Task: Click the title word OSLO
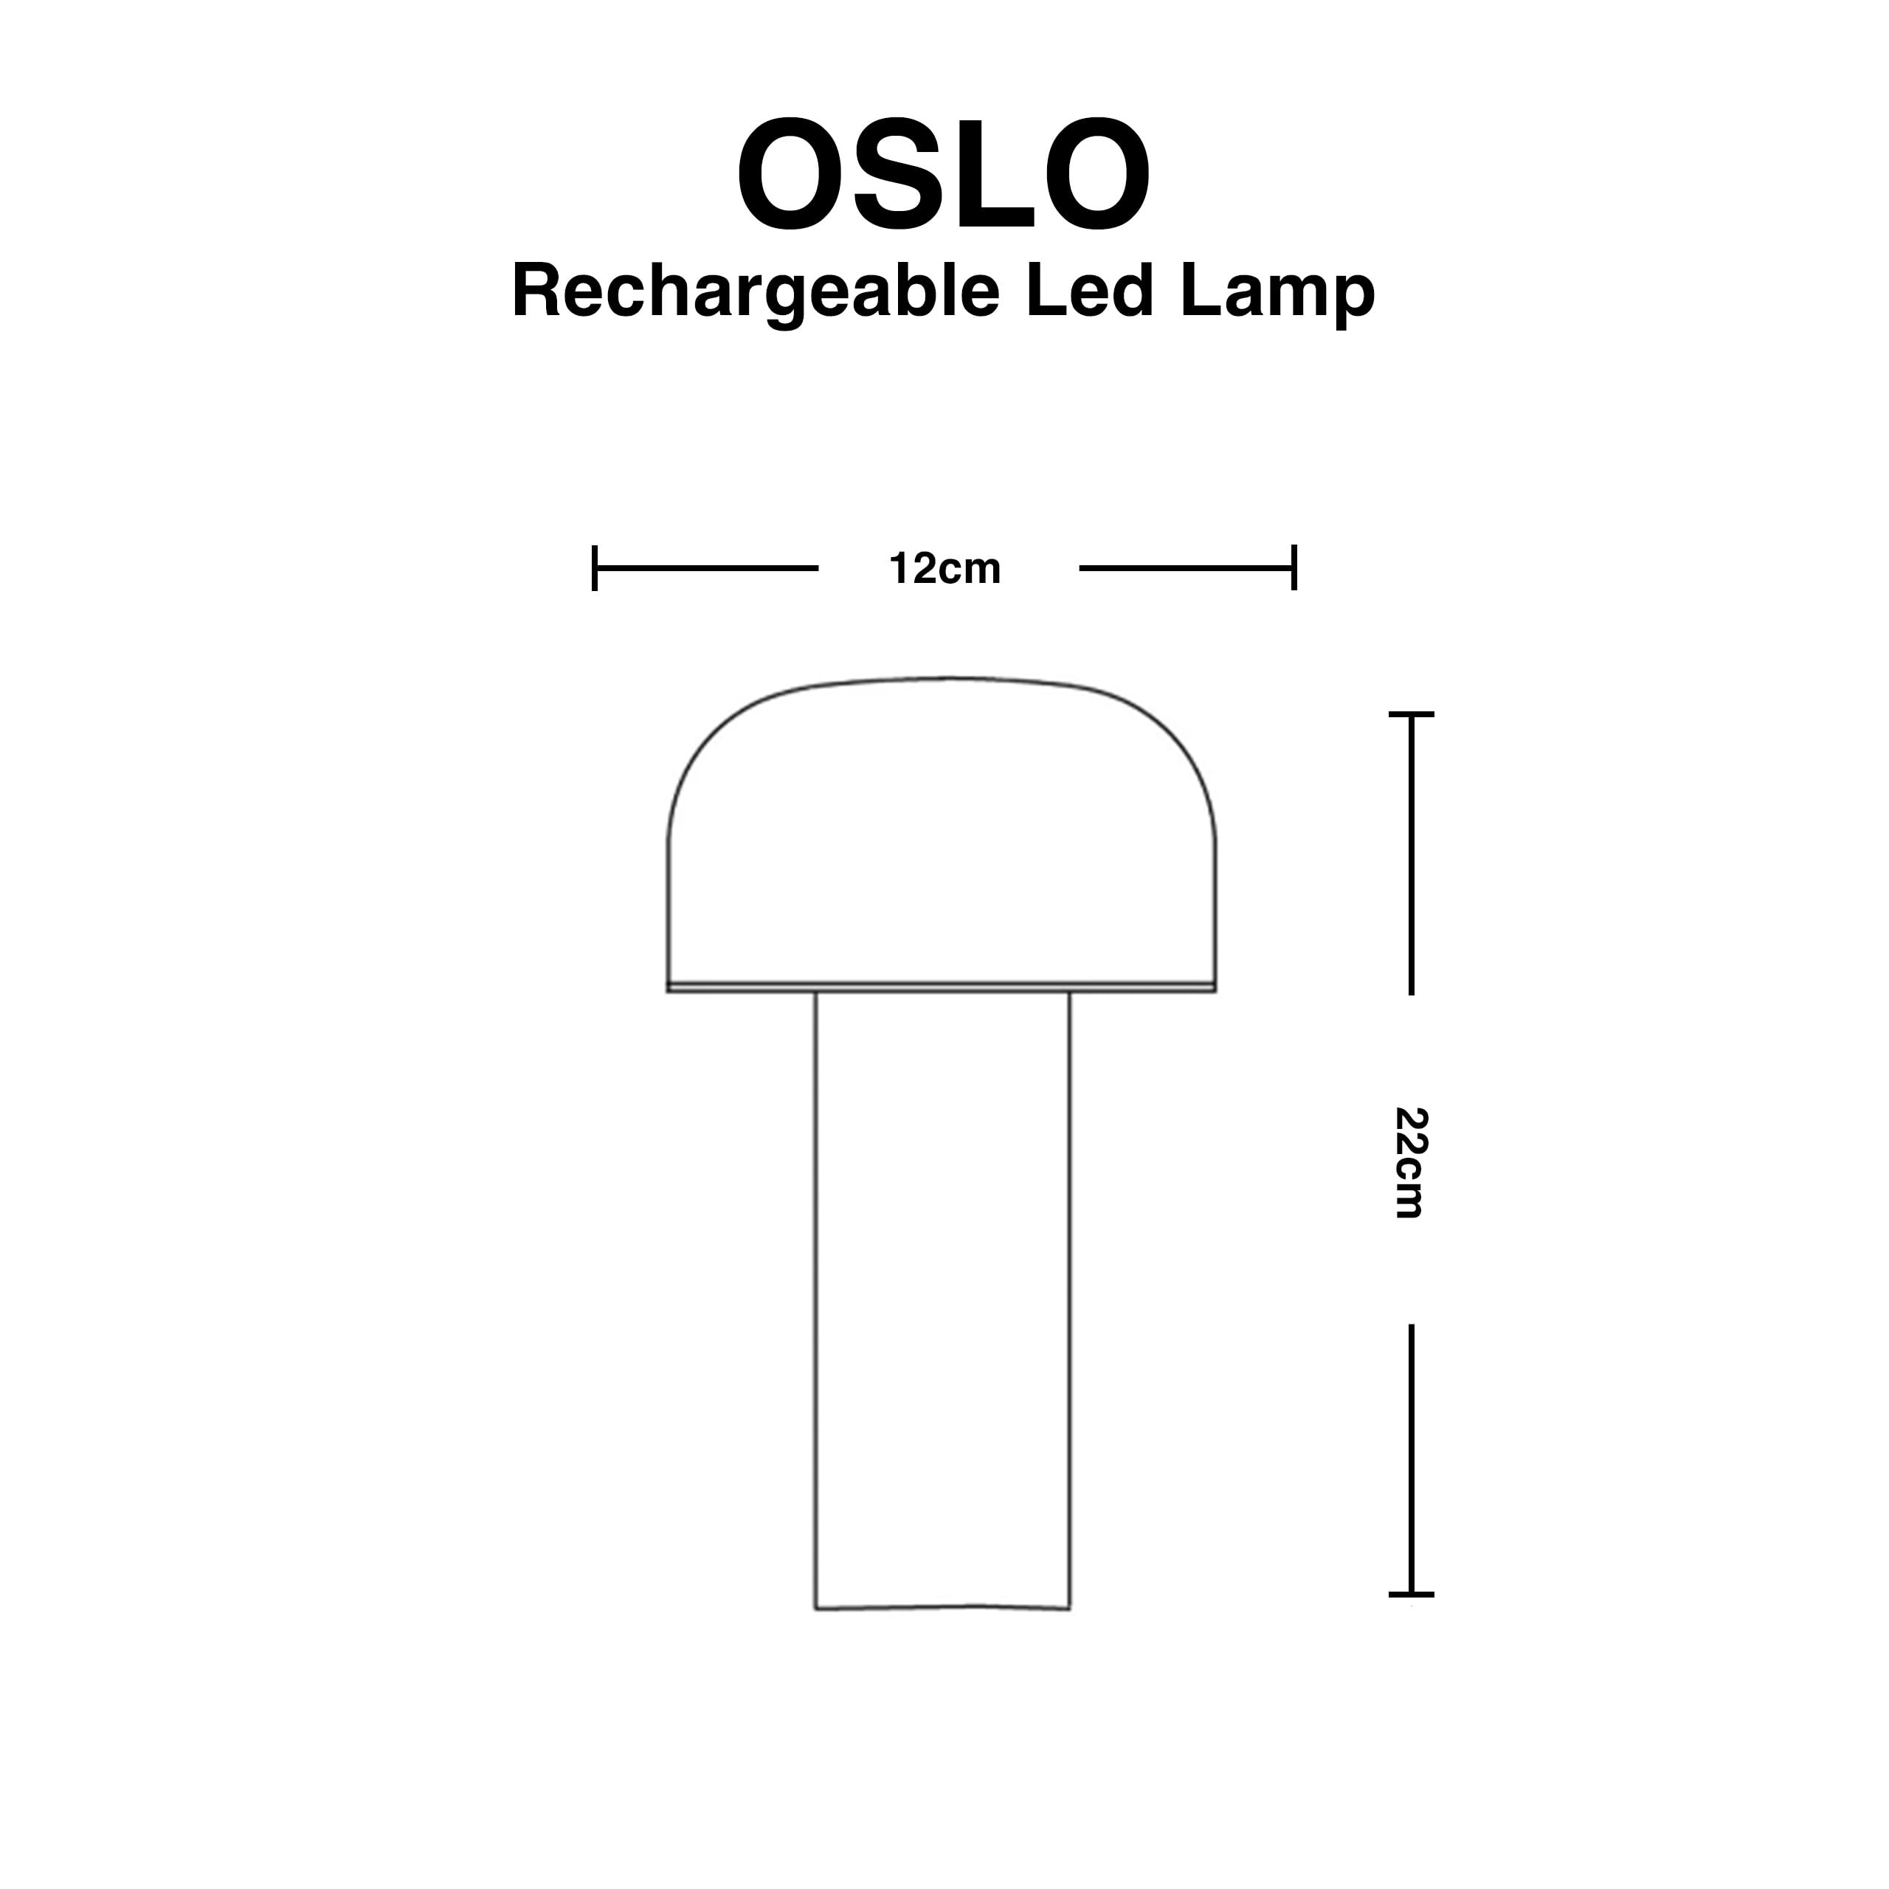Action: [x=944, y=176]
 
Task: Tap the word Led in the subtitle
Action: [x=1089, y=291]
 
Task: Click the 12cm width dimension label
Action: [x=944, y=569]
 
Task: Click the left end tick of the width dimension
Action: [x=595, y=568]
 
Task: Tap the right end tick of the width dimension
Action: [x=1294, y=568]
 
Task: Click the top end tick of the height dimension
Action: [x=1411, y=715]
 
